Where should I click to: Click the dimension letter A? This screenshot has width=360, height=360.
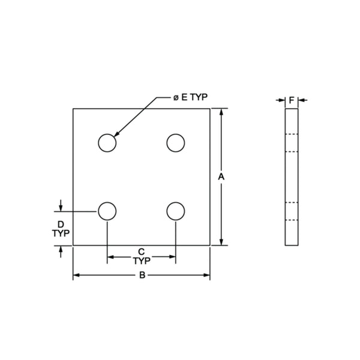[221, 177]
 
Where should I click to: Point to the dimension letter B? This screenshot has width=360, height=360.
[142, 275]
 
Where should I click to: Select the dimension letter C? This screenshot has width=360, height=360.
[142, 252]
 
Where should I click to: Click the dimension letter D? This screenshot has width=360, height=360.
[61, 224]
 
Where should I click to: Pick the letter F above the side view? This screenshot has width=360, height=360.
[292, 100]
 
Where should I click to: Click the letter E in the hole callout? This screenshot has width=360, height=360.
[184, 97]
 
